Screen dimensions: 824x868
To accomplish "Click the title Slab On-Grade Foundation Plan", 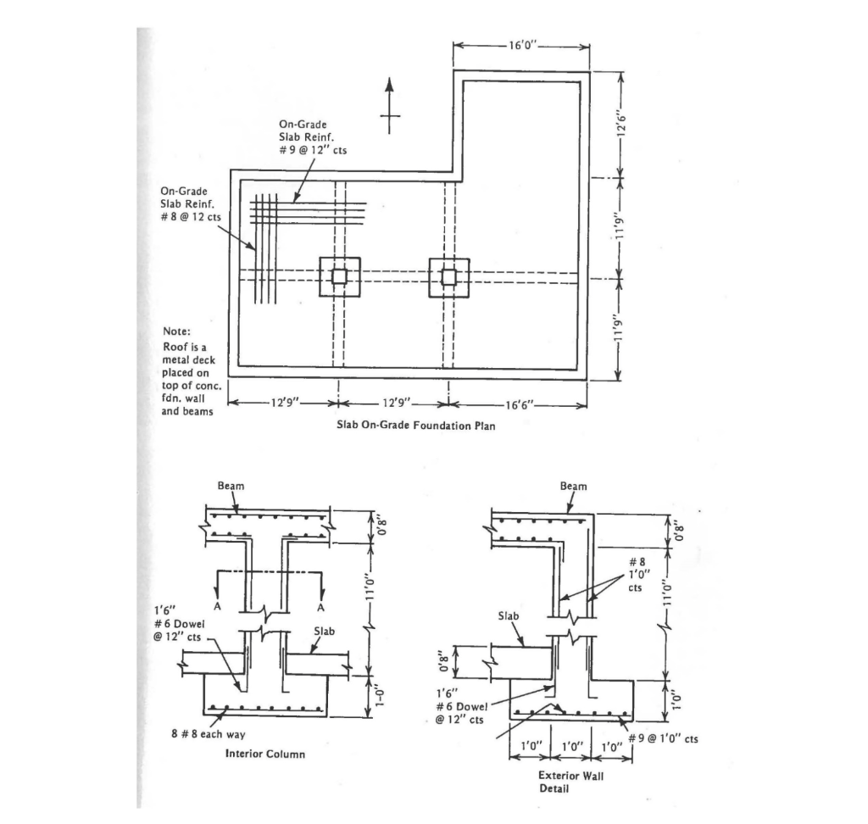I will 411,426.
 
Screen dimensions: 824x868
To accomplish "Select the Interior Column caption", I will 265,754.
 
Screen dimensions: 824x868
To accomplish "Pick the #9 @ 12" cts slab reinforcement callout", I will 312,136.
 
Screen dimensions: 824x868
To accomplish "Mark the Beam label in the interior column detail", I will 231,486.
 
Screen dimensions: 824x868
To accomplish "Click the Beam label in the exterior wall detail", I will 573,487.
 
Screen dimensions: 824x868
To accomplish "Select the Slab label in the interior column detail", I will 326,631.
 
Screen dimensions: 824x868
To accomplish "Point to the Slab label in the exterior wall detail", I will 509,615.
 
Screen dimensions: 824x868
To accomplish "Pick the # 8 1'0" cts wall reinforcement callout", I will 642,573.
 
